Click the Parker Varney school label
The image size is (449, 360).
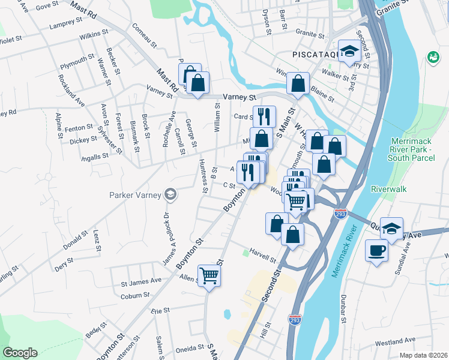pyautogui.click(x=136, y=194)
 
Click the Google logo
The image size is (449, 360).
pyautogui.click(x=20, y=353)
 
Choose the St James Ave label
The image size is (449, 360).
pyautogui.click(x=142, y=281)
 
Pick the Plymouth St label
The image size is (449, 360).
pyautogui.click(x=77, y=60)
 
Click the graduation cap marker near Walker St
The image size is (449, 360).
pyautogui.click(x=348, y=51)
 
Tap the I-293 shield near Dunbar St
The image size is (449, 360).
pyautogui.click(x=295, y=320)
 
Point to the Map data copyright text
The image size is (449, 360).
pyautogui.click(x=424, y=355)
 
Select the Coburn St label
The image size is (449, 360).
pyautogui.click(x=134, y=295)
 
